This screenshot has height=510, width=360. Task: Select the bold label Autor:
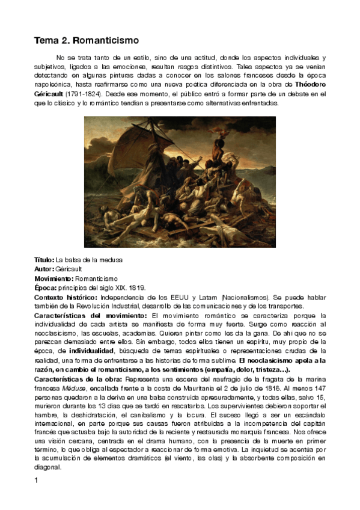tap(44, 269)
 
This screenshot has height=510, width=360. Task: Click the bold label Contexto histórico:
tap(66, 297)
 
